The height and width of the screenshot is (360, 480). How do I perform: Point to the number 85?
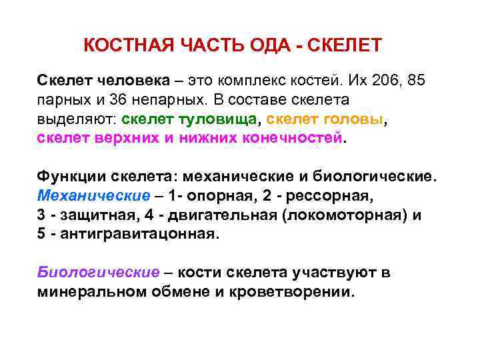click(x=415, y=81)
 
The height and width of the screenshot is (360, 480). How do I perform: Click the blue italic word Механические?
click(x=94, y=197)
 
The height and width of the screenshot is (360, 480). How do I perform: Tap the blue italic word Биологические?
click(x=98, y=273)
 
